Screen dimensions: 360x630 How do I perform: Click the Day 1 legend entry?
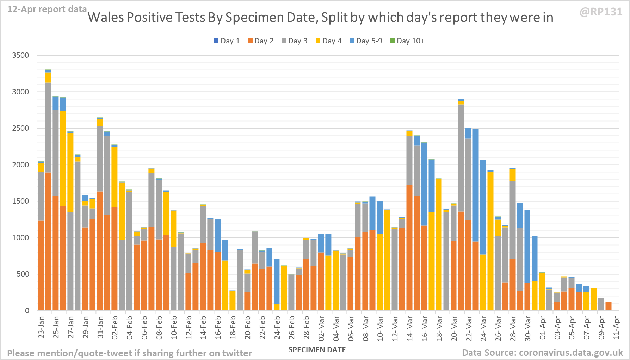tap(227, 41)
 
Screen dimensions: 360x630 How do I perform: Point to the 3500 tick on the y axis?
tap(20, 55)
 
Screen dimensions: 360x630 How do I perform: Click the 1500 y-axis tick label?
tap(20, 201)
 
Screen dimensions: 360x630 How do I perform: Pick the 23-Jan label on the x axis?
tap(41, 327)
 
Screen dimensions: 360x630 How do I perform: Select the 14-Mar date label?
tap(409, 327)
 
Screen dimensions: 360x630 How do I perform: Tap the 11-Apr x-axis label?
tap(616, 327)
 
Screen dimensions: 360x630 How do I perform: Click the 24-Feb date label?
tap(277, 327)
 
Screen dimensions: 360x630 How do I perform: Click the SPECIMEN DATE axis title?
tap(317, 350)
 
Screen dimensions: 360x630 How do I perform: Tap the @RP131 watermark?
tap(601, 12)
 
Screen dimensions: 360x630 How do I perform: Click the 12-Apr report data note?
tap(47, 10)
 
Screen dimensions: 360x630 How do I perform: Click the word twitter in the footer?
tap(237, 353)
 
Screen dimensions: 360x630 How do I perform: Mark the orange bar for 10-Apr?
tap(609, 306)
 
